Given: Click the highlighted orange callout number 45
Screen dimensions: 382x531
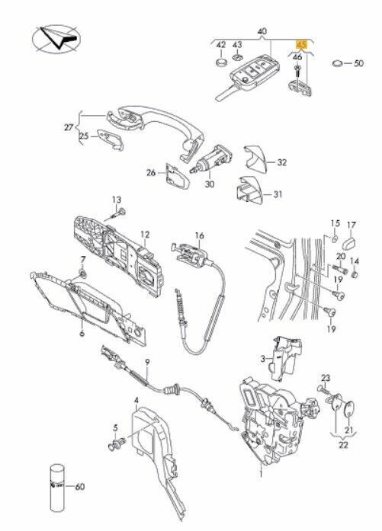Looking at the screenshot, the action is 301,44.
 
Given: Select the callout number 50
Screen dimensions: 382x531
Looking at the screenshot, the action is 358,63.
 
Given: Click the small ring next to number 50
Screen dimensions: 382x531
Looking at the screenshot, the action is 337,63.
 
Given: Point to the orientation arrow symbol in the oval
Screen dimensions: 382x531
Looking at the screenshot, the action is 56,39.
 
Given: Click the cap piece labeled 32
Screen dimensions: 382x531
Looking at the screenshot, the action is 256,157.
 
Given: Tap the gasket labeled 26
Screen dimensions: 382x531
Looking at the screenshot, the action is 177,175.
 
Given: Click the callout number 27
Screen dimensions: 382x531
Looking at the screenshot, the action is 69,127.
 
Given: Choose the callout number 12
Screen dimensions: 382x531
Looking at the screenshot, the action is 145,235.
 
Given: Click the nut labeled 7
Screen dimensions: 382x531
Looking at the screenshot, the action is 82,273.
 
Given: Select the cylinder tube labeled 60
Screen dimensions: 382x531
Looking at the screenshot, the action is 57,488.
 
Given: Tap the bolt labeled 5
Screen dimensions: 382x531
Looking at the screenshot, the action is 116,443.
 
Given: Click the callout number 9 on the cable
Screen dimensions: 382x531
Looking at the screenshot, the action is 147,363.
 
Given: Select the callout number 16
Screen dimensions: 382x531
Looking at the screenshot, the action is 200,235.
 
